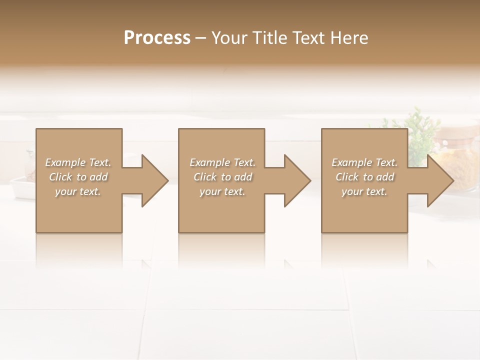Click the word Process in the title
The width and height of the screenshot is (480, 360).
click(157, 38)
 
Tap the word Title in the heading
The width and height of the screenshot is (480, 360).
click(270, 38)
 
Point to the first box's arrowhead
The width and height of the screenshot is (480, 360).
click(153, 180)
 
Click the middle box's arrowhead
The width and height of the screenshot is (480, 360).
click(295, 180)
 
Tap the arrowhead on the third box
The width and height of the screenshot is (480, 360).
click(438, 180)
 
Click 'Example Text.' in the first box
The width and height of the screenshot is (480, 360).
click(78, 162)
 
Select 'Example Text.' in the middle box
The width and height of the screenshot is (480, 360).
click(222, 162)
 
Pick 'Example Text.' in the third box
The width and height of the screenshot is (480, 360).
click(364, 162)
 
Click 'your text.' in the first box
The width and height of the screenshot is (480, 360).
click(78, 191)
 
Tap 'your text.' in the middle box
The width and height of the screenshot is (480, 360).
click(222, 191)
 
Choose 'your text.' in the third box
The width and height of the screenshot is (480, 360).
click(364, 191)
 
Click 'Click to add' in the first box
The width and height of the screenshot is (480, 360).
click(78, 177)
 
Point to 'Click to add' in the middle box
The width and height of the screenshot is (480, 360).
click(222, 177)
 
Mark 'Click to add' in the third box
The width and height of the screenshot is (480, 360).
click(364, 177)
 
